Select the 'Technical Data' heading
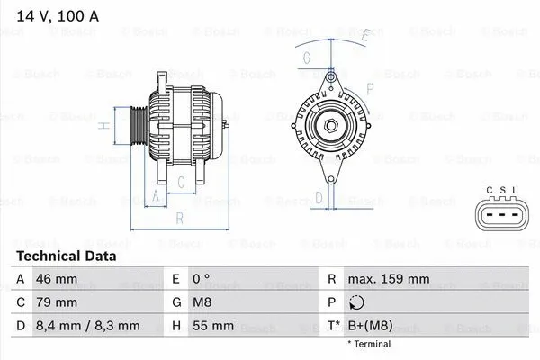pos(67,256)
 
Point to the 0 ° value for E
pos(202,279)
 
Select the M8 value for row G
pos(202,302)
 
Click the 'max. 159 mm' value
pos(391,279)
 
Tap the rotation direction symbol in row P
pos(358,302)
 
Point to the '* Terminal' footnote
pos(370,344)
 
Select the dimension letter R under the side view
pos(179,218)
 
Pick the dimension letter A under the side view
pos(156,195)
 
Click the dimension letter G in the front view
pos(308,58)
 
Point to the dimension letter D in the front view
pos(319,197)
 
